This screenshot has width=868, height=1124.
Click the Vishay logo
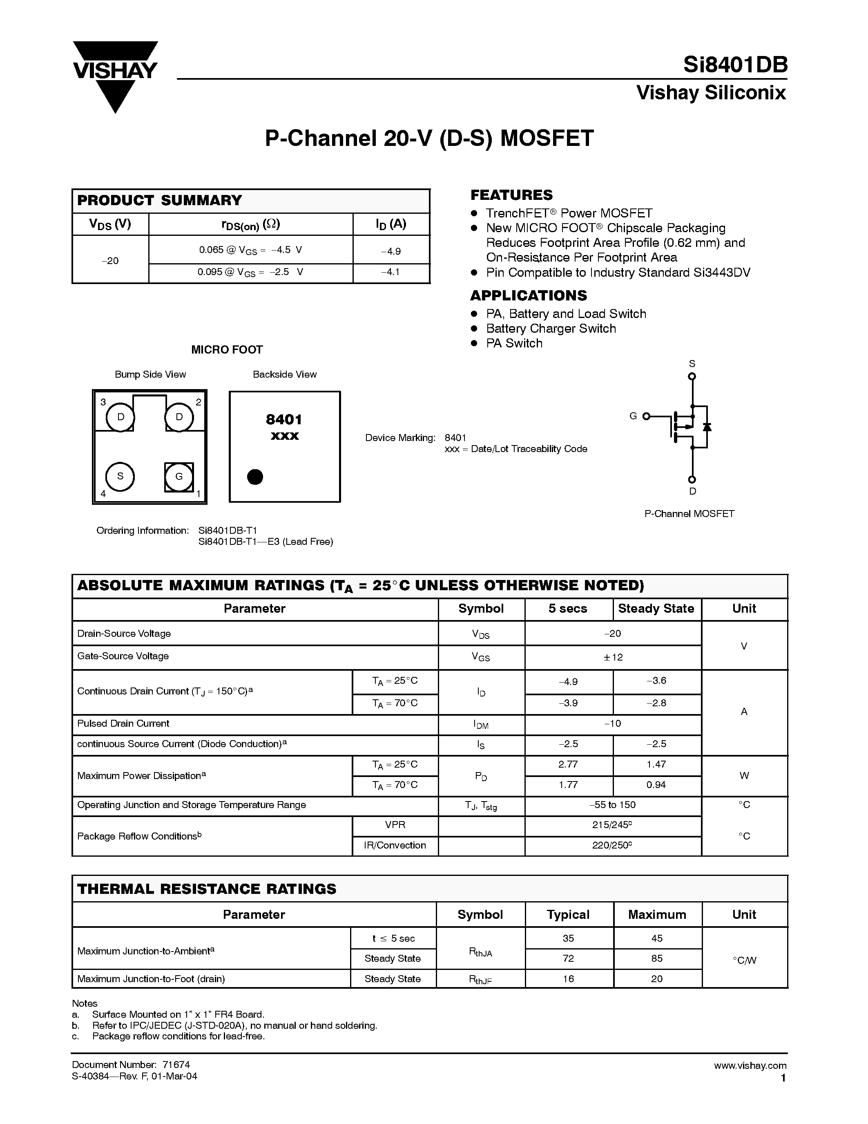(x=115, y=76)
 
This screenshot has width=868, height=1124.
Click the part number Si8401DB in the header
(x=735, y=65)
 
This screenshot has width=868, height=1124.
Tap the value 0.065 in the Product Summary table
(x=211, y=250)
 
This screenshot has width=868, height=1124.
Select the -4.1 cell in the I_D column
(x=391, y=272)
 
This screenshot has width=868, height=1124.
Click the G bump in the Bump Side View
(x=179, y=477)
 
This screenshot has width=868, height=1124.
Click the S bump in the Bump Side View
(x=120, y=477)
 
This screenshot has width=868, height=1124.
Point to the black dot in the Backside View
(x=255, y=477)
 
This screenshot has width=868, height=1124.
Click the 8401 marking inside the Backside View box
(x=284, y=419)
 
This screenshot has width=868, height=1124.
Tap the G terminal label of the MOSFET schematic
(x=633, y=416)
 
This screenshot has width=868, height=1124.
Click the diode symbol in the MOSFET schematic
(x=707, y=427)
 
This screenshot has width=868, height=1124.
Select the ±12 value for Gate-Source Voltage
(x=613, y=657)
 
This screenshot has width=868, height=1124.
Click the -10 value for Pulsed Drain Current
(x=613, y=723)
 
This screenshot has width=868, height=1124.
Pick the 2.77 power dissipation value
(x=568, y=765)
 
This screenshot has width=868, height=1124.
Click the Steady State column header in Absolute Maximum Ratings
(x=656, y=609)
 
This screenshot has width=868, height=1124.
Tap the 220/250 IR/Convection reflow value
(x=612, y=845)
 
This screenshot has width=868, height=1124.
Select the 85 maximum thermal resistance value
(x=657, y=958)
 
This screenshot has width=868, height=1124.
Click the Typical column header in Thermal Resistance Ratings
(x=568, y=915)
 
